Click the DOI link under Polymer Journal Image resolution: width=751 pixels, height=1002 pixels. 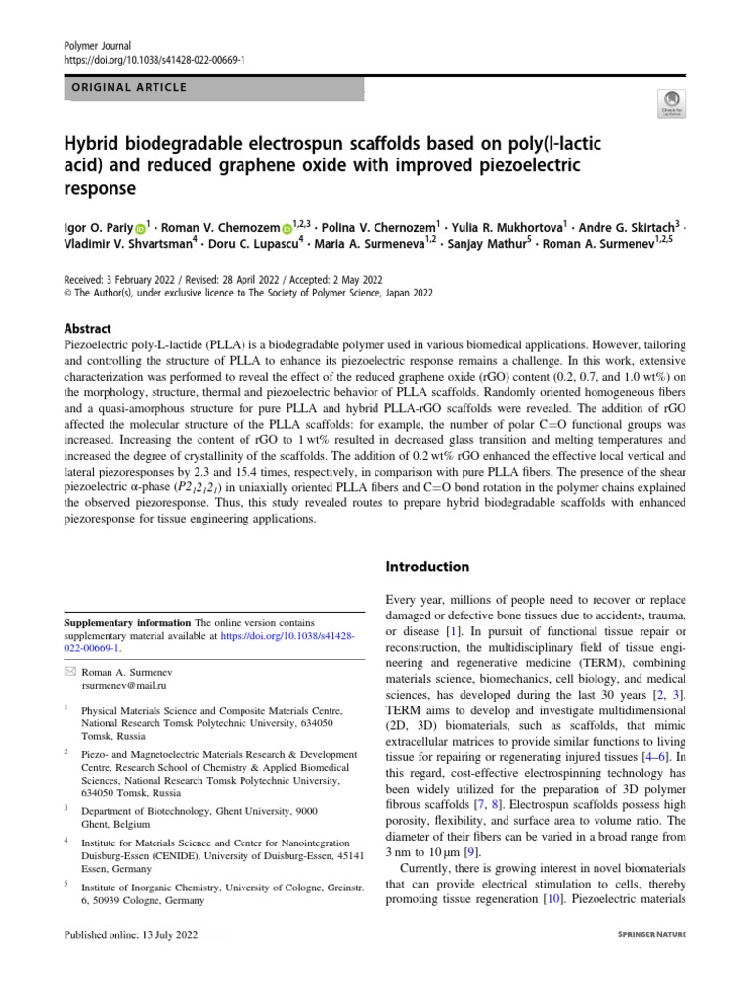[155, 60]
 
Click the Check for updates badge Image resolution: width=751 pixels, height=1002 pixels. [673, 103]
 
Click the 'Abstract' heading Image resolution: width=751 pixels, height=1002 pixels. [87, 329]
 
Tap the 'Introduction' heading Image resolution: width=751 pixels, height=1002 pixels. [427, 567]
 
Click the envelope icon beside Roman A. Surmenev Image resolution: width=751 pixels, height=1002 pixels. [68, 674]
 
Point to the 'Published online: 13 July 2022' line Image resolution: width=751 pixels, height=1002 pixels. [131, 934]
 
